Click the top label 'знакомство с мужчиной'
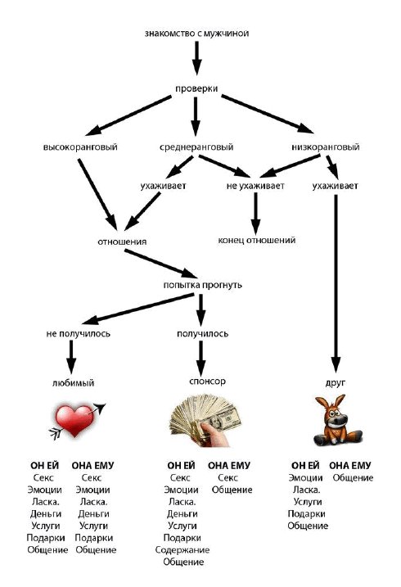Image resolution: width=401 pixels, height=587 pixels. [196, 34]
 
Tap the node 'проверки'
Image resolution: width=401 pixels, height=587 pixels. [196, 88]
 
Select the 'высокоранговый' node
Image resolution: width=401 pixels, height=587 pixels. [80, 147]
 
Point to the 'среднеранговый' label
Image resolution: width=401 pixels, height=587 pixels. [196, 147]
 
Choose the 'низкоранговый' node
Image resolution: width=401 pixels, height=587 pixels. [326, 147]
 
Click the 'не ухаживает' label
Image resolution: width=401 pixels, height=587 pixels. [255, 186]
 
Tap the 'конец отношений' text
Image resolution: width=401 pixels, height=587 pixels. [257, 240]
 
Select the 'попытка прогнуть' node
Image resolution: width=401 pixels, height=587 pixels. [202, 285]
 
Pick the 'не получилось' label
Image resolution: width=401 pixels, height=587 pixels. [79, 333]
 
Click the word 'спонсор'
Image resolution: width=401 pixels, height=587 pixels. [207, 382]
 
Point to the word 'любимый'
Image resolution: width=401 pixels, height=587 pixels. [74, 383]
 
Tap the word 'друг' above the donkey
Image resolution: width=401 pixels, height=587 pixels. [336, 382]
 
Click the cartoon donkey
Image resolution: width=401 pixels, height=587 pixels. [336, 420]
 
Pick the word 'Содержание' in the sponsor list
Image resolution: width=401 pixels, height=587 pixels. [182, 549]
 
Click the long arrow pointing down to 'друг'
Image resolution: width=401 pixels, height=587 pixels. [336, 283]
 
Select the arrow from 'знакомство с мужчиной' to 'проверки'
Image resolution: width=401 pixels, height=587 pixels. [196, 58]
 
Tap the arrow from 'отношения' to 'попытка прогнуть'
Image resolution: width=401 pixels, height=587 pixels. [161, 264]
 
